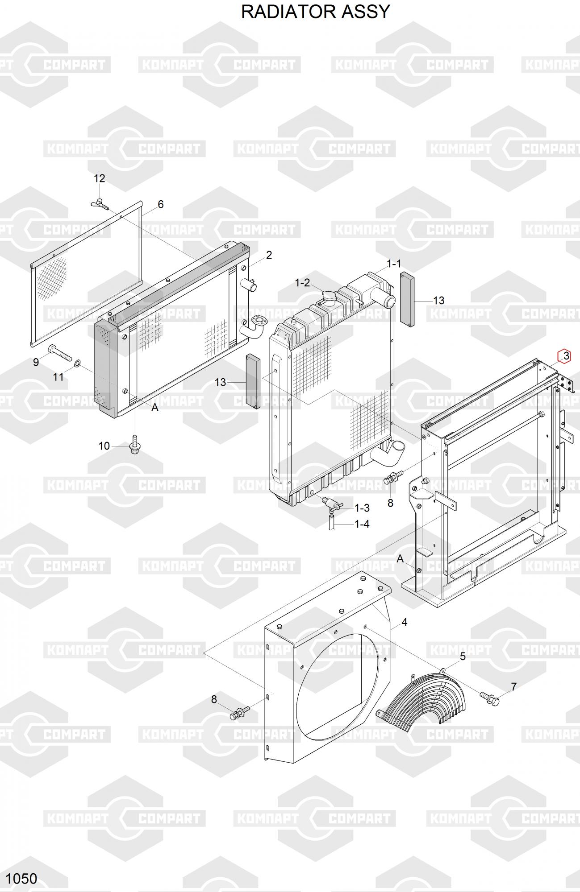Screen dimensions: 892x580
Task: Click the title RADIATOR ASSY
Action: (316, 12)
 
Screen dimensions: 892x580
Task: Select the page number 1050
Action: (22, 879)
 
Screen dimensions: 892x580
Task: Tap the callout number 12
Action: (99, 178)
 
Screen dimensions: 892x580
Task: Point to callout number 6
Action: (161, 204)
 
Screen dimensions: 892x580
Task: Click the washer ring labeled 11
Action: (77, 365)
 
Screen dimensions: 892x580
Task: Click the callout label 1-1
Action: (394, 264)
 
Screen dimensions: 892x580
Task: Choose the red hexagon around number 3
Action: (564, 356)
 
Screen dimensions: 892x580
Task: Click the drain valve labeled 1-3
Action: (331, 503)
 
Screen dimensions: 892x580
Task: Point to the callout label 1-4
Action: (362, 524)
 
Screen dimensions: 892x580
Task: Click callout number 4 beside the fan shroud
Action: (404, 622)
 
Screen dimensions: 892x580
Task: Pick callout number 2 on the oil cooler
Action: (269, 255)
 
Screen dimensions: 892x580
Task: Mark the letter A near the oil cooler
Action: (155, 408)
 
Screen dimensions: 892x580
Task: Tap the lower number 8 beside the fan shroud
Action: (214, 699)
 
